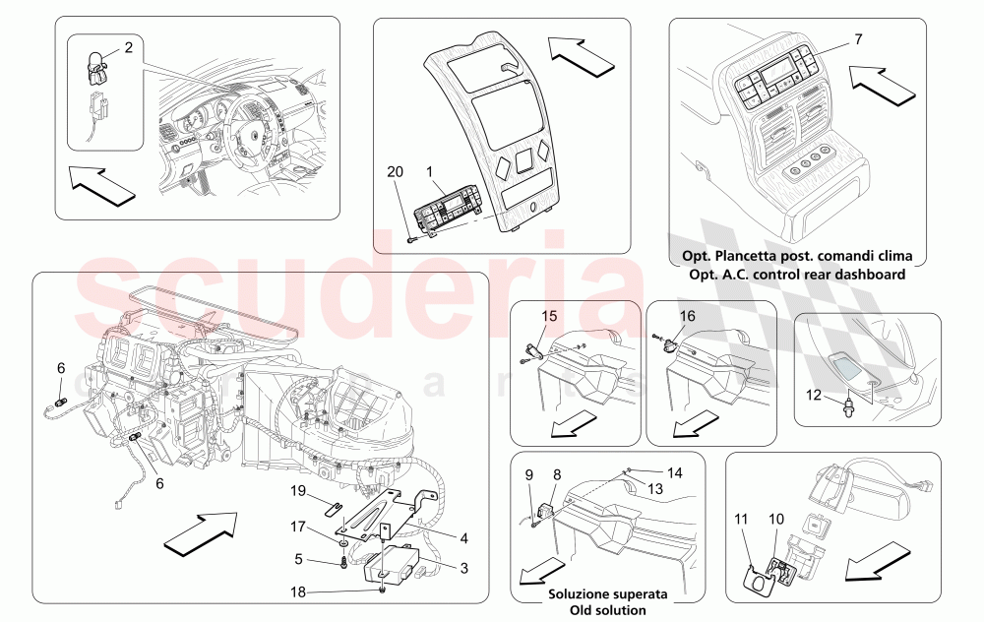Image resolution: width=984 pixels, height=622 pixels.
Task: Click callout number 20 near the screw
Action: click(394, 171)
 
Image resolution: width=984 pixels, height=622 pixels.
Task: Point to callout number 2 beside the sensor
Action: click(128, 48)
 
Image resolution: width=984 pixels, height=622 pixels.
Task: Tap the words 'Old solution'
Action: click(608, 610)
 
